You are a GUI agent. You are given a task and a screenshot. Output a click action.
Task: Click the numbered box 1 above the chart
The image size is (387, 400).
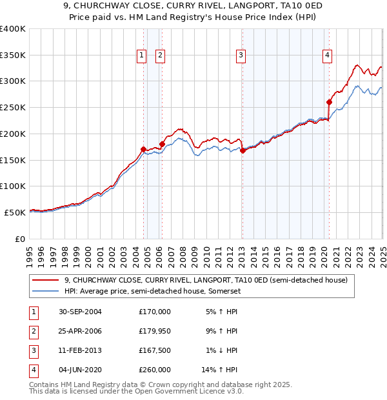pyautogui.click(x=141, y=56)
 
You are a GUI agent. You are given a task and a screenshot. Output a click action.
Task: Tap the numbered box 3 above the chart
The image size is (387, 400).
pyautogui.click(x=241, y=56)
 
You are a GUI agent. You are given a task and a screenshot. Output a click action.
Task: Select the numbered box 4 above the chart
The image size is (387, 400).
pyautogui.click(x=328, y=56)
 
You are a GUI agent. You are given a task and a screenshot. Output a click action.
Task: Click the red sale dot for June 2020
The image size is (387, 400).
pyautogui.click(x=329, y=102)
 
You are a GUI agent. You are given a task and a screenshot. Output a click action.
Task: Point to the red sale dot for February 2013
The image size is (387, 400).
pyautogui.click(x=243, y=150)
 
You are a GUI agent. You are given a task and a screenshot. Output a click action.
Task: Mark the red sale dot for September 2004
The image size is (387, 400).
pyautogui.click(x=143, y=149)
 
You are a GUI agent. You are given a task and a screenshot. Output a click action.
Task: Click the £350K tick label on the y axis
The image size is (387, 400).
pyautogui.click(x=12, y=55)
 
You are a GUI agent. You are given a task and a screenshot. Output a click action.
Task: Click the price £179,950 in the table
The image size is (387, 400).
pyautogui.click(x=155, y=331)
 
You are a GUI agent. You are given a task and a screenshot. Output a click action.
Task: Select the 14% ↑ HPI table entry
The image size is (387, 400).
pyautogui.click(x=219, y=370)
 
